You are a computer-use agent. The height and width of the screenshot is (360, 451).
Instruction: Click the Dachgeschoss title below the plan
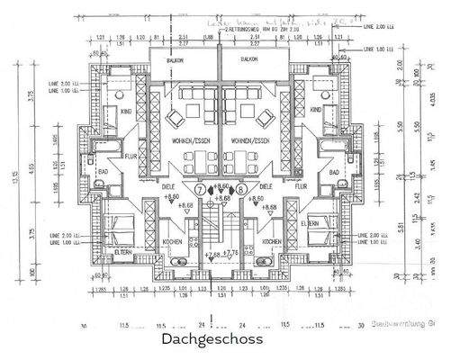(212, 340)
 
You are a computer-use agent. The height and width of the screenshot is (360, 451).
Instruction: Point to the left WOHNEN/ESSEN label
(188, 142)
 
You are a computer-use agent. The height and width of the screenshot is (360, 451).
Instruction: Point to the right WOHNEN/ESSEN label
(251, 142)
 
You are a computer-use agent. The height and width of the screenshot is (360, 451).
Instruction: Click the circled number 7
(199, 191)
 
